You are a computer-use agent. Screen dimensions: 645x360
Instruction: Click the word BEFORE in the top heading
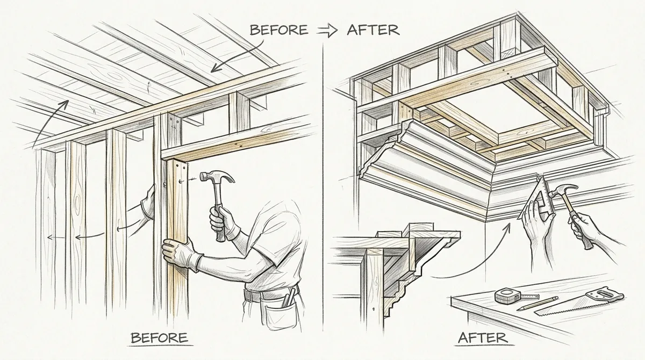point(279,30)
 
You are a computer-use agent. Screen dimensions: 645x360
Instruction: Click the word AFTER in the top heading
point(373,30)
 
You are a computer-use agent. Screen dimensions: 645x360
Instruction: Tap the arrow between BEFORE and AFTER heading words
point(327,31)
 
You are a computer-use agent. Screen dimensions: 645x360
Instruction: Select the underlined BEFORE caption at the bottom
point(159,338)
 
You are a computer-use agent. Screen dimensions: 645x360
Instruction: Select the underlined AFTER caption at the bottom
point(483,338)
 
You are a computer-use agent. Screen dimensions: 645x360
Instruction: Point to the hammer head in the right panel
point(562,191)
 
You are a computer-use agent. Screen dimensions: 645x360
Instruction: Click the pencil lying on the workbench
point(537,303)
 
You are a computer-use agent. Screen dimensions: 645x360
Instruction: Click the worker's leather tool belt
point(271,293)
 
